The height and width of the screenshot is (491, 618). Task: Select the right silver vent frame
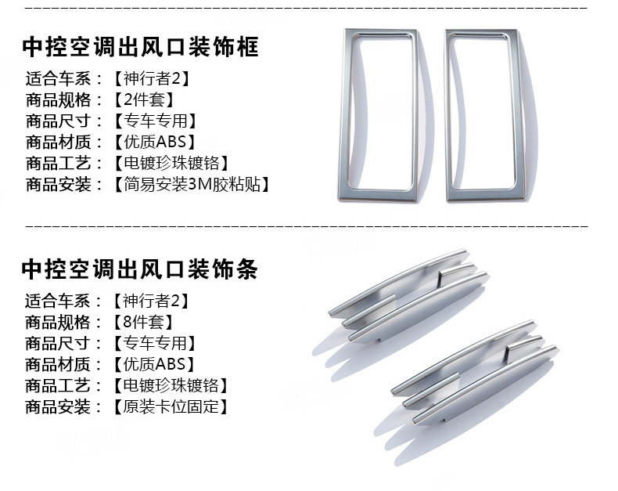489,115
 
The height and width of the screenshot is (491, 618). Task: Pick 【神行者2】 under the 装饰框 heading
152,78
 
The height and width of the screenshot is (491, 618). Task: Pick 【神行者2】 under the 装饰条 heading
152,301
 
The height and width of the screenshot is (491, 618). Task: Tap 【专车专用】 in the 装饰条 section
153,343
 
